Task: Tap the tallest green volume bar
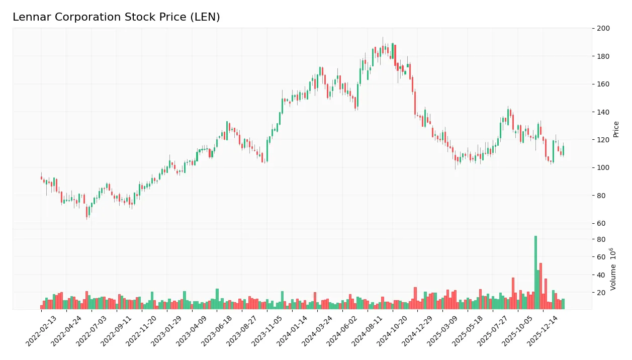(x=535, y=272)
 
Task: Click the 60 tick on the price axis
(x=601, y=223)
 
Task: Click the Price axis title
(x=616, y=129)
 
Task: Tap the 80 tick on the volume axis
(x=601, y=240)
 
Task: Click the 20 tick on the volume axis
(x=601, y=293)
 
